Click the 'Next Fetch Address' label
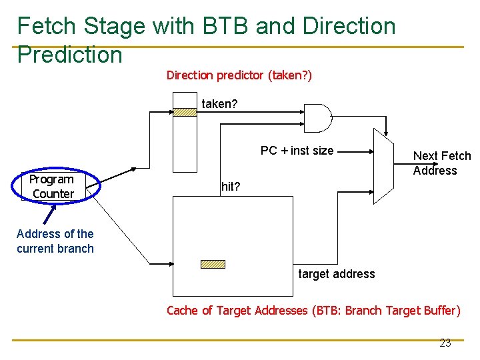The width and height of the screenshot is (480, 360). [x=441, y=163]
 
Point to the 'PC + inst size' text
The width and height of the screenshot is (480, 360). [x=297, y=151]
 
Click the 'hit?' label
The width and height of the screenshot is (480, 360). [x=231, y=187]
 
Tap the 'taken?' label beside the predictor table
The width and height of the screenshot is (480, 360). [x=219, y=104]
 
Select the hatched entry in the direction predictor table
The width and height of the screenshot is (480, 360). [x=185, y=113]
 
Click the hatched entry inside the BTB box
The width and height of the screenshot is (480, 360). [x=213, y=264]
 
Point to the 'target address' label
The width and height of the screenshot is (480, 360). [x=336, y=274]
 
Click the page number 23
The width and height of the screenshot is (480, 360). [x=445, y=343]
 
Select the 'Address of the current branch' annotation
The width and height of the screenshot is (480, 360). [x=55, y=241]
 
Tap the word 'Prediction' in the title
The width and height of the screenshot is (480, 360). [x=70, y=55]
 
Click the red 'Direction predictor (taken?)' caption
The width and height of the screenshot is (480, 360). [x=239, y=75]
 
